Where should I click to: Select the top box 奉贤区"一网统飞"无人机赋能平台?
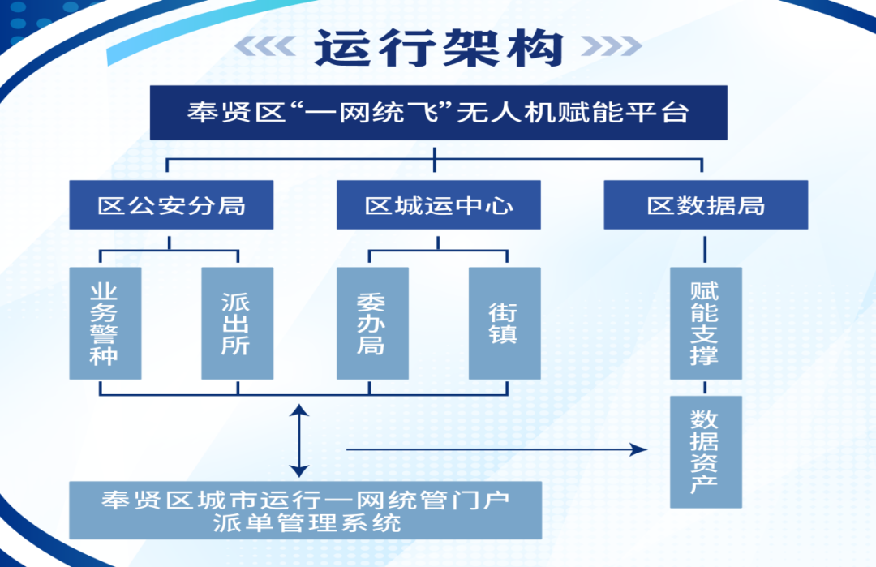coord(438,112)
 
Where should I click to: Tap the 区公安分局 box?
coord(171,205)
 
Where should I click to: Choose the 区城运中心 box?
coord(439,205)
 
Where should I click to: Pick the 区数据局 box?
coord(706,205)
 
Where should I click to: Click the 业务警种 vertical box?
coord(105,324)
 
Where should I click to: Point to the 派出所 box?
coord(237,324)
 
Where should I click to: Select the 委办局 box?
coord(372,324)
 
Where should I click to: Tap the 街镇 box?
coord(505,324)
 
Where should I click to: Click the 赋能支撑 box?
coord(706,324)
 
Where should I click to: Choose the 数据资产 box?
coord(706,452)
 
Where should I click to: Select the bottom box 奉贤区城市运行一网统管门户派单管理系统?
coord(305,510)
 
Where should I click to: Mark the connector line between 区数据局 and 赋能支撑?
coord(706,248)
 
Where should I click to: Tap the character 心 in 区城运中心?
coord(501,205)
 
